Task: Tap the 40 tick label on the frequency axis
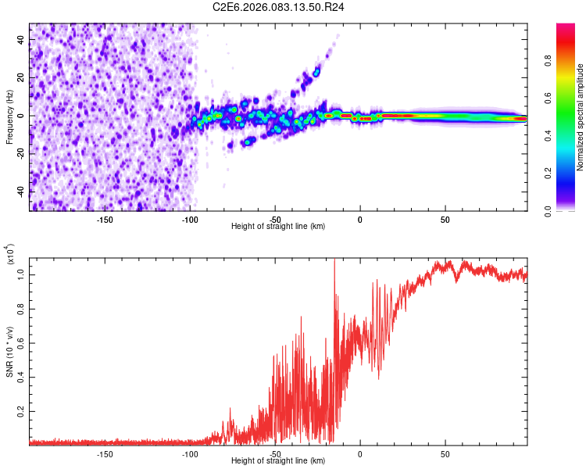pyautogui.click(x=21, y=41)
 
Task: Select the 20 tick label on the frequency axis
pyautogui.click(x=21, y=78)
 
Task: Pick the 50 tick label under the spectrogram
pyautogui.click(x=445, y=219)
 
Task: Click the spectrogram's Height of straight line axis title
pyautogui.click(x=278, y=227)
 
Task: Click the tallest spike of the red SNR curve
pyautogui.click(x=334, y=260)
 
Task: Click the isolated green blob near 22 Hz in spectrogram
pyautogui.click(x=316, y=72)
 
